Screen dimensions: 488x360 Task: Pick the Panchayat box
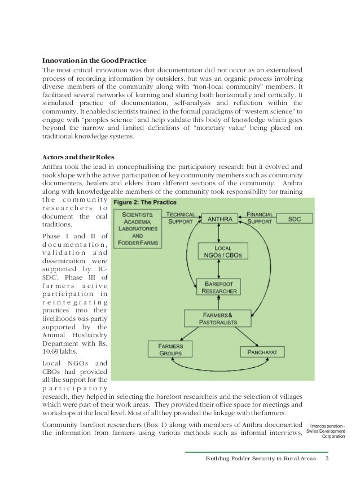click(260, 352)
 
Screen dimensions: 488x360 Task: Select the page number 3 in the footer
click(327, 458)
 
